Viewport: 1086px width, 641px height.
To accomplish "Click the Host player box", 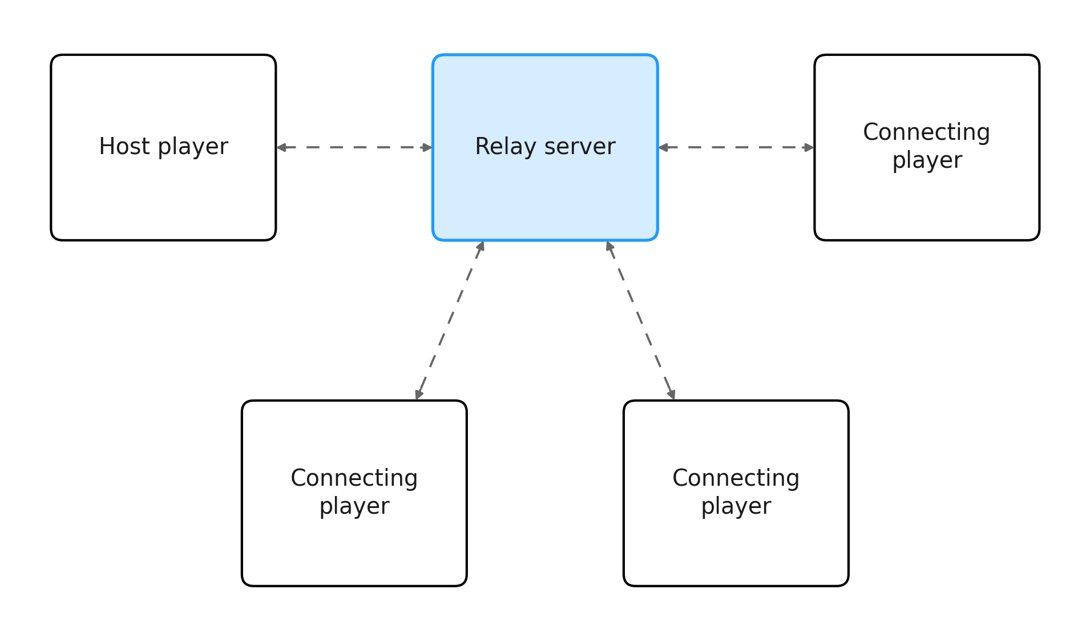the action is click(x=163, y=147).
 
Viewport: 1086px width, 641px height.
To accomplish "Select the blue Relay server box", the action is click(x=545, y=147).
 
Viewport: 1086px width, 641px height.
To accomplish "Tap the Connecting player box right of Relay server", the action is click(x=927, y=147).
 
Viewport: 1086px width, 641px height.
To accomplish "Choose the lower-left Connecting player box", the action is click(x=354, y=493).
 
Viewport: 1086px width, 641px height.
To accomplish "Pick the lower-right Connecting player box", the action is click(x=736, y=493).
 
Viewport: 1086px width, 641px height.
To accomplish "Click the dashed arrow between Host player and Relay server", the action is click(x=354, y=147).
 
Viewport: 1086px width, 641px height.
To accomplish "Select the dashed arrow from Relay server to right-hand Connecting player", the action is click(x=736, y=147).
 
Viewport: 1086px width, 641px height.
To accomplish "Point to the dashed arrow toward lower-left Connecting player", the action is click(x=450, y=320).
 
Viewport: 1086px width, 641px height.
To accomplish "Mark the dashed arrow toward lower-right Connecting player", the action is click(x=640, y=320).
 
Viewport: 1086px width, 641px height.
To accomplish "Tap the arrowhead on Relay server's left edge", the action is click(x=427, y=147).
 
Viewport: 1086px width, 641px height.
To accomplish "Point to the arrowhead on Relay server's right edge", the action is click(x=663, y=147).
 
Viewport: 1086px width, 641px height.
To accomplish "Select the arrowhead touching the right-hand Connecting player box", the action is click(x=809, y=147).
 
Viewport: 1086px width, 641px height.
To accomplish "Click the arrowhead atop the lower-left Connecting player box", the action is click(x=418, y=394).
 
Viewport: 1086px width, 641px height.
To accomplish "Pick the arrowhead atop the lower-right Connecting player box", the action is click(x=672, y=394).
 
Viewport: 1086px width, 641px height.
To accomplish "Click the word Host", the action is click(x=124, y=146).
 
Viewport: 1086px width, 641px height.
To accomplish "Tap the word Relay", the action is click(x=505, y=146).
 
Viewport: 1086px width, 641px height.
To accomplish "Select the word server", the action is click(x=580, y=147).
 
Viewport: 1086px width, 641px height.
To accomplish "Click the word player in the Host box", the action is click(x=193, y=147).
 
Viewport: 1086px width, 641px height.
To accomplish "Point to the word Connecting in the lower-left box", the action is click(x=354, y=478).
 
